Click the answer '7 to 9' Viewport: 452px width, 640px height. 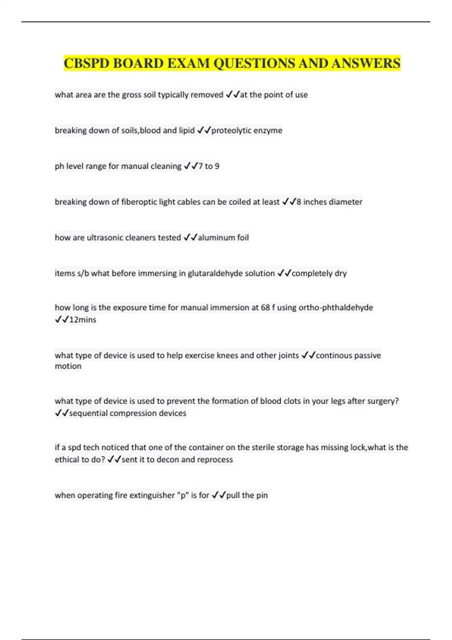[x=209, y=166]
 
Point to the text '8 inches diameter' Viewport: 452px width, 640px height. [x=329, y=202]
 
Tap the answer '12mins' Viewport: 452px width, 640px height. [x=82, y=320]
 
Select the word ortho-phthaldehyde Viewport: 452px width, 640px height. [x=336, y=308]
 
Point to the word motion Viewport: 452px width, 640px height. [x=68, y=366]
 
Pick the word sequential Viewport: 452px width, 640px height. [x=89, y=413]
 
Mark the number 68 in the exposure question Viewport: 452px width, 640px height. [x=266, y=308]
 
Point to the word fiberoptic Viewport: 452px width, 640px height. [x=139, y=202]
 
